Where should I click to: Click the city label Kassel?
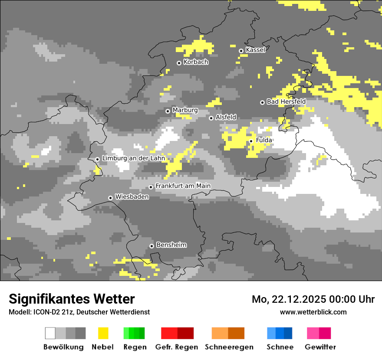click(x=255, y=50)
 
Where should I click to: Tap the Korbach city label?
click(x=196, y=62)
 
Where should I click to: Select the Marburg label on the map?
click(x=185, y=110)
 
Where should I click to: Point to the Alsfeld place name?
click(x=226, y=117)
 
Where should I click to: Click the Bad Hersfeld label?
click(x=286, y=101)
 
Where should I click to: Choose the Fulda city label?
click(x=264, y=140)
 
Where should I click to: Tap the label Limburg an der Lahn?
click(x=133, y=158)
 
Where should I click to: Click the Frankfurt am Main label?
click(x=183, y=186)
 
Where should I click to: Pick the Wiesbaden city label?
click(x=132, y=197)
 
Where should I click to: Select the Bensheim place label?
click(x=171, y=245)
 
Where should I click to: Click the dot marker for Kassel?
click(x=241, y=51)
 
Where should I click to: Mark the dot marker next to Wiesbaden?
click(x=111, y=198)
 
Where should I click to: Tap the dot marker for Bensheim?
click(x=151, y=246)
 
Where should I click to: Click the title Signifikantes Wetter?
click(x=72, y=299)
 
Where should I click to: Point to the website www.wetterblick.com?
click(x=313, y=312)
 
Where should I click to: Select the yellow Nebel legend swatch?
click(x=103, y=333)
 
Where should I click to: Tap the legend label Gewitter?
click(x=320, y=347)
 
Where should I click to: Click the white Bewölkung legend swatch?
click(x=50, y=333)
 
